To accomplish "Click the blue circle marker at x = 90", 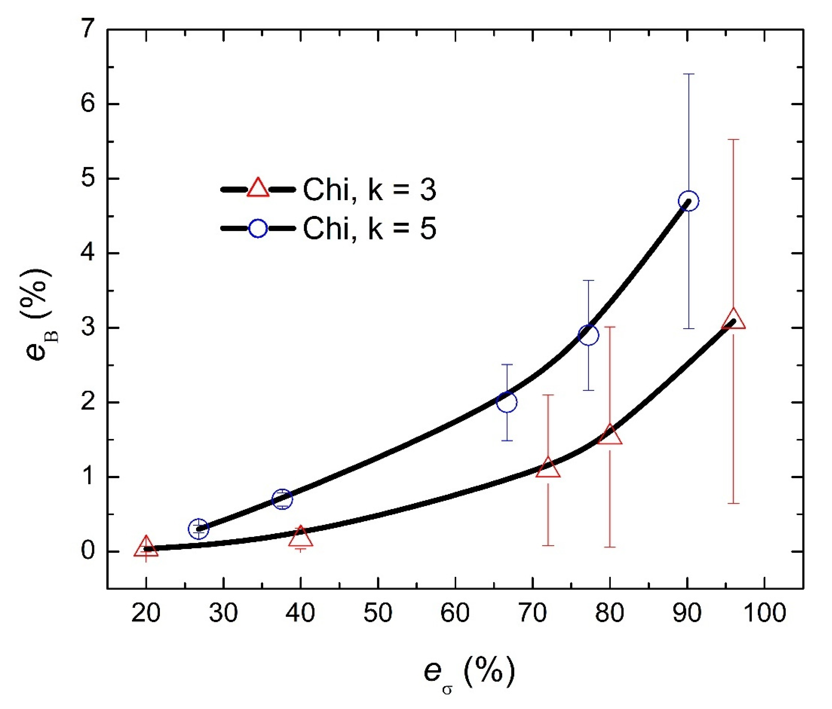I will [688, 201].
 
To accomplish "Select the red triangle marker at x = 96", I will [733, 320].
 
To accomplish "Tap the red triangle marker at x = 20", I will [146, 547].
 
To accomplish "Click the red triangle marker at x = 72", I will [548, 468].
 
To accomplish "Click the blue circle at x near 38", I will [282, 499].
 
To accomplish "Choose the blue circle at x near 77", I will [588, 335].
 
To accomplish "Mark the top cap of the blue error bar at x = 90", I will [689, 74].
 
